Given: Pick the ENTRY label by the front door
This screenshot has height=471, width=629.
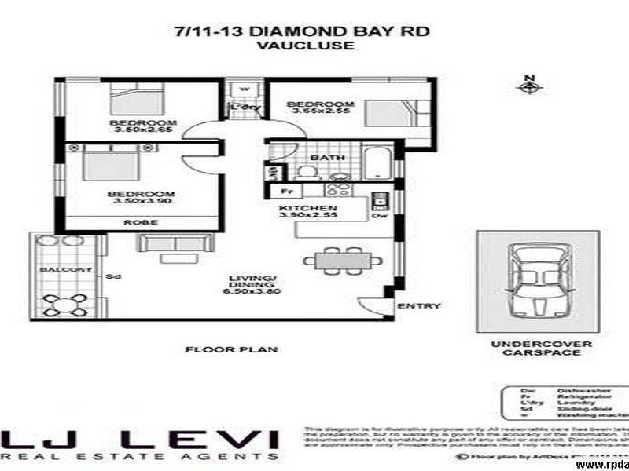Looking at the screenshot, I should [x=418, y=306].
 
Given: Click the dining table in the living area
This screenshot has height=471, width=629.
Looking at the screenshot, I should [x=344, y=259].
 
